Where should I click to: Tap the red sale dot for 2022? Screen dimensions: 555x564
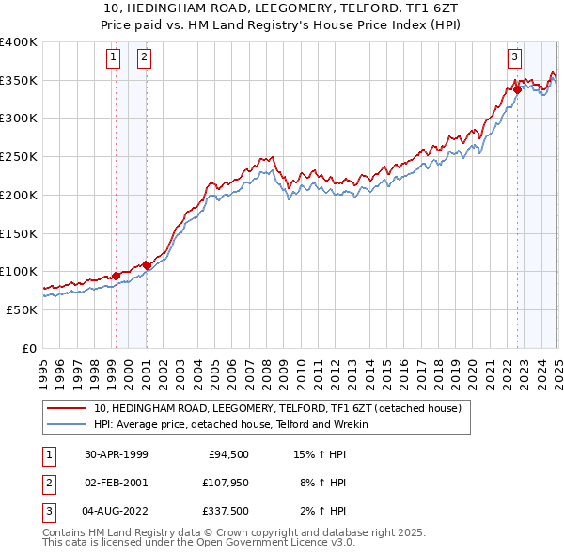(x=517, y=90)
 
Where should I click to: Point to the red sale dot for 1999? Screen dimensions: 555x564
(x=116, y=276)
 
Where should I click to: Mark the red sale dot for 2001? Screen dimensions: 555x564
(x=147, y=265)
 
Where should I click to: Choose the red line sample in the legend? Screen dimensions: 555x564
(x=68, y=409)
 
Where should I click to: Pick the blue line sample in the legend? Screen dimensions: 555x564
(x=68, y=424)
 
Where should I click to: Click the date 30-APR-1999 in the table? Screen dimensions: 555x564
(x=116, y=454)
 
